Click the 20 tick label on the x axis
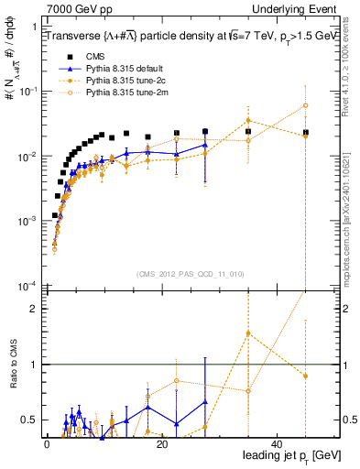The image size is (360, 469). click(161, 443)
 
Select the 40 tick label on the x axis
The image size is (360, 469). click(277, 443)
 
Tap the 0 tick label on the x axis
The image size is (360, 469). click(46, 443)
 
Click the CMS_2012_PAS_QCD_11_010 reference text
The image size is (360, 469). click(189, 274)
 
